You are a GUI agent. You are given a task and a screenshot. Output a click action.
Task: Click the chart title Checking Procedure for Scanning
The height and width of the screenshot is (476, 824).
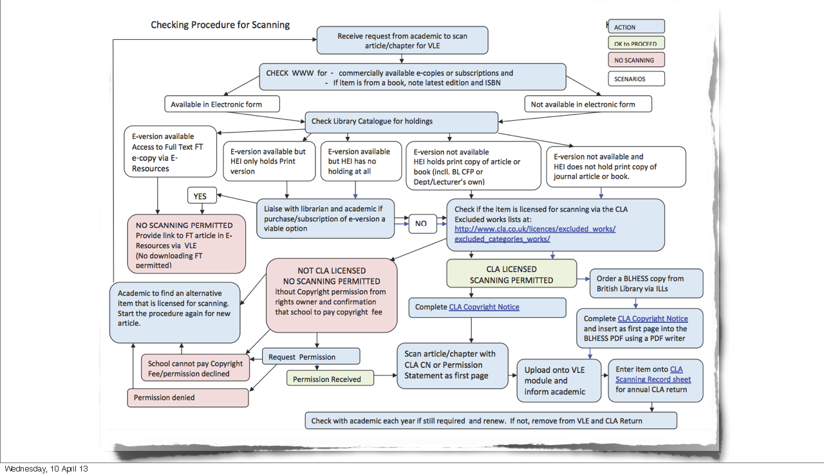pos(220,25)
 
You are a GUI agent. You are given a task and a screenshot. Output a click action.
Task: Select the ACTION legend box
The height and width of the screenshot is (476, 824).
pos(636,27)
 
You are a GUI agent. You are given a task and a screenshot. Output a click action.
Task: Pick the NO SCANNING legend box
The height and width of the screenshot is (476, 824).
pos(636,60)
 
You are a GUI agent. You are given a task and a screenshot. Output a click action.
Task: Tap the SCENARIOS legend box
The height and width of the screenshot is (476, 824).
pos(636,79)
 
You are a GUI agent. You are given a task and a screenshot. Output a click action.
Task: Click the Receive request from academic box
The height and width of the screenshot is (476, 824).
pos(402,41)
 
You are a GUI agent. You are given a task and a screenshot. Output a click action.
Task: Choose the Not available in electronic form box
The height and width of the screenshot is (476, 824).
pos(588,104)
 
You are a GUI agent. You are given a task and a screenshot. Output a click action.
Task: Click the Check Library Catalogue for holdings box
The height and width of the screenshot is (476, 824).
pos(401,122)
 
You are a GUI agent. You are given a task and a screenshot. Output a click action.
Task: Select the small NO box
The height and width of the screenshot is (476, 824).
pos(420,224)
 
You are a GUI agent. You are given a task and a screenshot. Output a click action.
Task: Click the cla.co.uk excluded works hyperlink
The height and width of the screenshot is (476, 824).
pos(535,234)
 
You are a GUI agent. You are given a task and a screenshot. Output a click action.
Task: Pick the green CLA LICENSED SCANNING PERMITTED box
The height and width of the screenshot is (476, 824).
pos(511,275)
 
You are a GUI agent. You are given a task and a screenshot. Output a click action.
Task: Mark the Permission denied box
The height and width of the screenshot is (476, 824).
pos(188,398)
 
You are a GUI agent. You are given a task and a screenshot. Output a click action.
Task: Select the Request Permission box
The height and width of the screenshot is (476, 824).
pos(311,357)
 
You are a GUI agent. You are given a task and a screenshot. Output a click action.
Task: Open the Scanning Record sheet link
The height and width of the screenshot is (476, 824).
pos(653,380)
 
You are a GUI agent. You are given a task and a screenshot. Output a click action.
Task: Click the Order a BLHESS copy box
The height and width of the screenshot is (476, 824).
pos(646,284)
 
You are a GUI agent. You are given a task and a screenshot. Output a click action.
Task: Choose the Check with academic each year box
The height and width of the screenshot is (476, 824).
pos(491,421)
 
